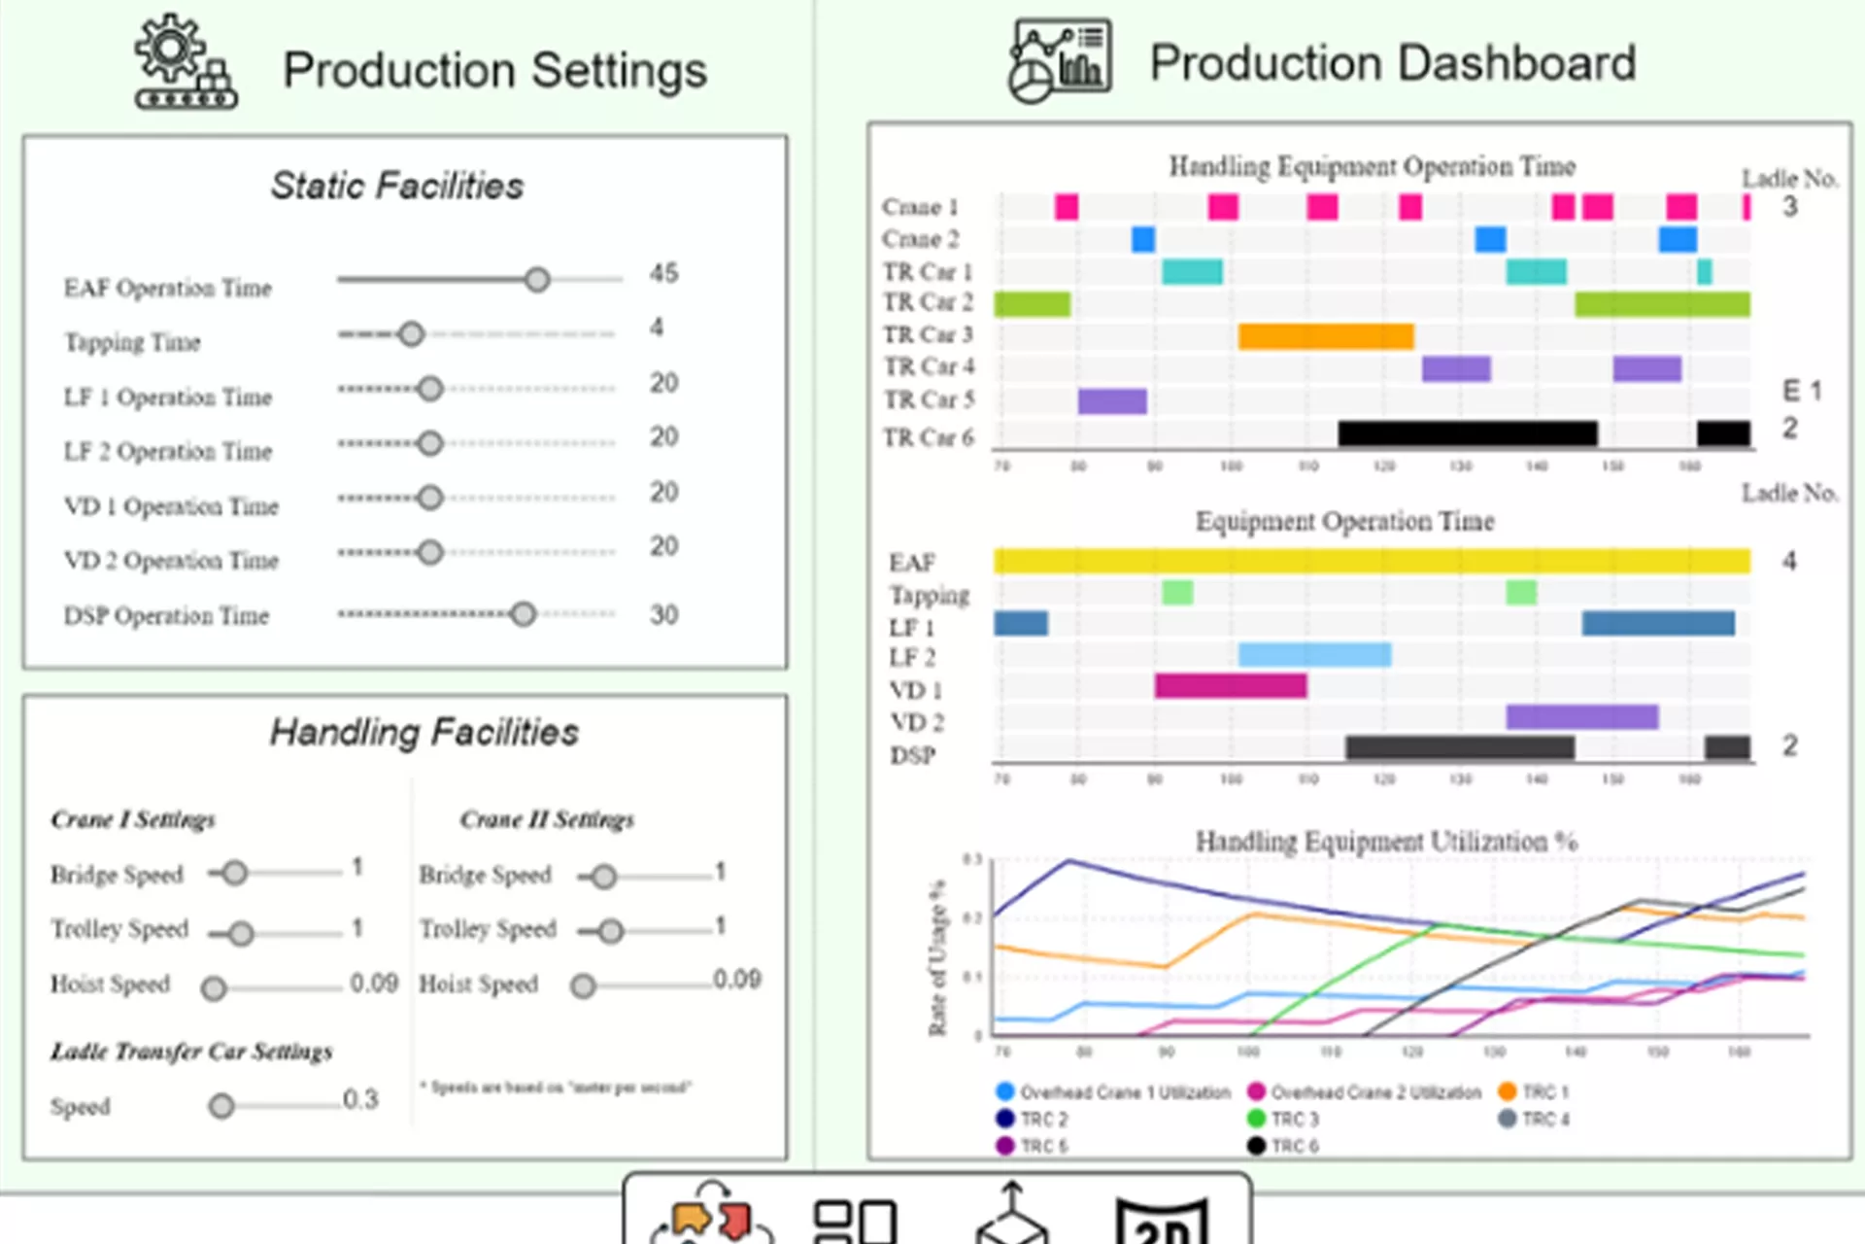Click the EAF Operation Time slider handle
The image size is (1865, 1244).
pyautogui.click(x=537, y=280)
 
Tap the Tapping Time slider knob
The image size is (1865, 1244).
pyautogui.click(x=412, y=334)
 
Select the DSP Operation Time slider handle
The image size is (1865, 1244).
pyautogui.click(x=524, y=614)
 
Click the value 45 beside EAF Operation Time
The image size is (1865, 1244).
pyautogui.click(x=664, y=273)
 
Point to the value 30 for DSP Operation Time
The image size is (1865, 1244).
pyautogui.click(x=664, y=614)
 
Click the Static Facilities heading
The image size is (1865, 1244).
pyautogui.click(x=396, y=186)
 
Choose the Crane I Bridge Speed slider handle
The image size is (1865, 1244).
pyautogui.click(x=234, y=873)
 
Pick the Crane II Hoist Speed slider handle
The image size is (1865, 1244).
pyautogui.click(x=583, y=986)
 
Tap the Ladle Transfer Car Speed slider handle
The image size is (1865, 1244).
pyautogui.click(x=221, y=1106)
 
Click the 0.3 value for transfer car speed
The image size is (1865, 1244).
pyautogui.click(x=360, y=1099)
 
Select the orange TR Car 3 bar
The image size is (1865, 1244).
pyautogui.click(x=1326, y=336)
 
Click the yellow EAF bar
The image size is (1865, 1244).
pyautogui.click(x=1372, y=561)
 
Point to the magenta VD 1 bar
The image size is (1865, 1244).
pyautogui.click(x=1231, y=686)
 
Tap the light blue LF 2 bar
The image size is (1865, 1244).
pyautogui.click(x=1314, y=654)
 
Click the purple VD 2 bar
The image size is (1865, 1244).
pyautogui.click(x=1581, y=717)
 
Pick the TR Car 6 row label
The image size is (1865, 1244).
pyautogui.click(x=928, y=438)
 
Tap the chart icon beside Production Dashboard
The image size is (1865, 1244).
pyautogui.click(x=1060, y=60)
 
